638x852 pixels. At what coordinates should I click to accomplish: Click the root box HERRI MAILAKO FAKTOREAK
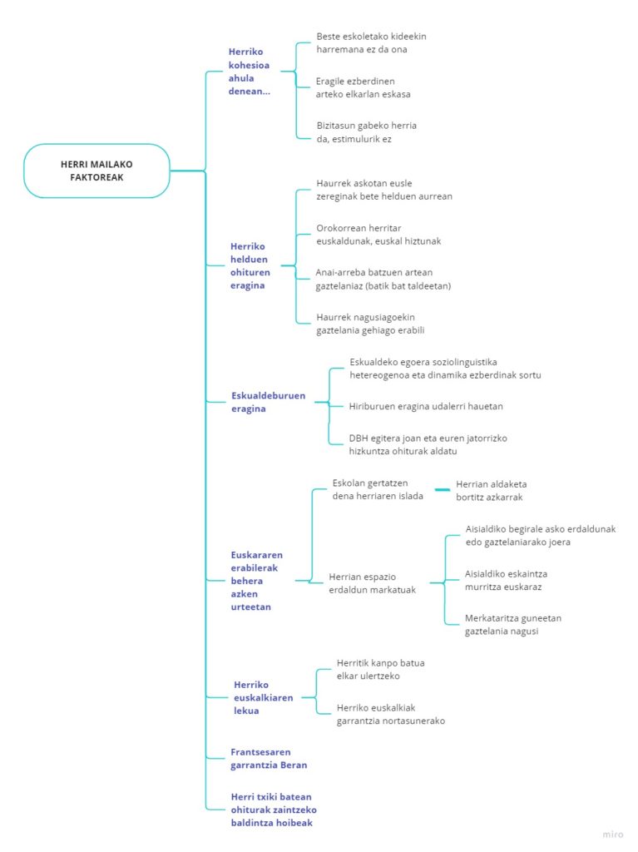coord(96,171)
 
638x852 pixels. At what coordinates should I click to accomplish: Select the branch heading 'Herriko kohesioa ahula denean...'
coord(249,72)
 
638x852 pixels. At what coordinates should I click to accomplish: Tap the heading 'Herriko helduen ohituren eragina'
coord(250,265)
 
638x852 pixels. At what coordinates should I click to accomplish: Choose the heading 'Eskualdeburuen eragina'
coord(268,402)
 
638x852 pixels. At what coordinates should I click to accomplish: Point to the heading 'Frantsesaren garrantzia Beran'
coord(269,759)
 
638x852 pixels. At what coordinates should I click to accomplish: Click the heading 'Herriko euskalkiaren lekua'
coord(263,698)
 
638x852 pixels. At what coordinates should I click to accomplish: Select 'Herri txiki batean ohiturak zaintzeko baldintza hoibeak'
coord(274,810)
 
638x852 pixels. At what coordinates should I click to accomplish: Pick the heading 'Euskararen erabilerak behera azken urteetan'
coord(256,581)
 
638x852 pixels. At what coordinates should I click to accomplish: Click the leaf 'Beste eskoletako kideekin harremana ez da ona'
coord(371,43)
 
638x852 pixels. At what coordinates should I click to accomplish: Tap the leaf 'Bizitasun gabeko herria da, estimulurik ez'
coord(366,132)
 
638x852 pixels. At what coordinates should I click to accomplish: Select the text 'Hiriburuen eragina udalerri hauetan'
coord(426,406)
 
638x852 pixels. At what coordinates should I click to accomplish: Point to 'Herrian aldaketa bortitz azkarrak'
coord(491,491)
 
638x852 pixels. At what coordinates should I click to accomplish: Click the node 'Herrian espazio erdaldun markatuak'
coord(373,583)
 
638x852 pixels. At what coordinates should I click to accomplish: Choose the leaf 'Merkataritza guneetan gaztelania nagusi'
coord(513,624)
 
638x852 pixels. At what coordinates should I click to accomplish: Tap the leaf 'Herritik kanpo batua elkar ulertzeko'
coord(380,670)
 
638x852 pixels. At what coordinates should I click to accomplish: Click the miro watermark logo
coord(612,835)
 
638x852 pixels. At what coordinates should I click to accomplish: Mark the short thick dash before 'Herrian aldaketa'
coord(443,489)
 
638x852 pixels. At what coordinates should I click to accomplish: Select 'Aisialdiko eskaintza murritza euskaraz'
coord(506,580)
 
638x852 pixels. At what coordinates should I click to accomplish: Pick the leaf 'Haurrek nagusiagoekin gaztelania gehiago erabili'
coord(370,324)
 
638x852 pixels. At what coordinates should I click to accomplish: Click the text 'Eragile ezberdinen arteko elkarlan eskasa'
coord(363,87)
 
